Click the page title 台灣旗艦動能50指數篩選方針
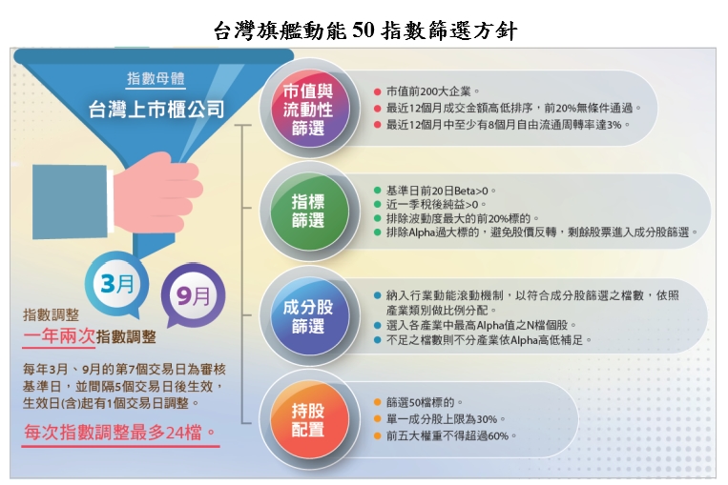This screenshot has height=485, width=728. (364, 30)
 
